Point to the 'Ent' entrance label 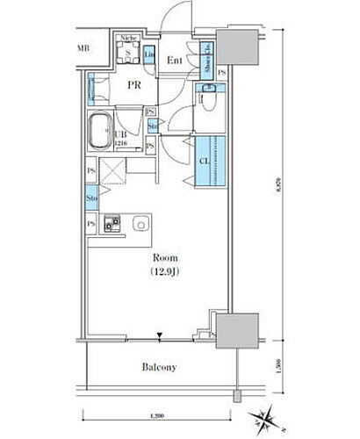[174, 61]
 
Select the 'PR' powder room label [134, 86]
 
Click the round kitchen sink [141, 225]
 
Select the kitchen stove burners [112, 225]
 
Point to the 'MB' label [84, 48]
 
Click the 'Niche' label [127, 39]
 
